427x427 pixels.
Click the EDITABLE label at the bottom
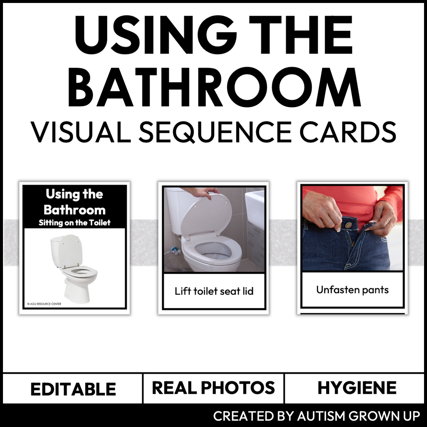[x=73, y=389]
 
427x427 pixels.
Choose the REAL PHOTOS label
[x=213, y=388]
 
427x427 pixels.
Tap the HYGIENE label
[x=357, y=388]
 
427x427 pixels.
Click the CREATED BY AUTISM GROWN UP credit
[x=317, y=415]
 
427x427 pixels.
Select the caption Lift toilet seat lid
[x=214, y=291]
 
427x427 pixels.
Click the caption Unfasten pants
[x=352, y=290]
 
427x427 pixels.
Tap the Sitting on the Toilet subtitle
[x=74, y=223]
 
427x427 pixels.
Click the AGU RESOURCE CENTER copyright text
[x=44, y=304]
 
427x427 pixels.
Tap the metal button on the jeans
[x=349, y=225]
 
